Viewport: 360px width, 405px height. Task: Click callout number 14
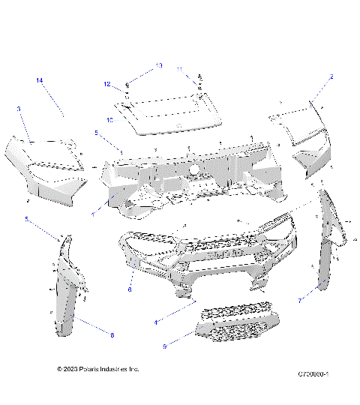tap(40, 79)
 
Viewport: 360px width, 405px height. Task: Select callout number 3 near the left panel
tap(18, 109)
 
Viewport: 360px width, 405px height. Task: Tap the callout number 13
tap(158, 66)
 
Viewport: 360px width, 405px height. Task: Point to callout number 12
tap(107, 84)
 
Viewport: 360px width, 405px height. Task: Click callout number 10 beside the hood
tap(109, 118)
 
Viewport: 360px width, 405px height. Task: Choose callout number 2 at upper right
tap(331, 77)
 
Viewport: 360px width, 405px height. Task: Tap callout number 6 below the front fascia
tap(130, 288)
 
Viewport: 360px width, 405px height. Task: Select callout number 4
tap(155, 322)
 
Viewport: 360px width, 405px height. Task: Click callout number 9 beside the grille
tap(164, 346)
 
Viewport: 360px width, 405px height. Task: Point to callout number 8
tap(112, 335)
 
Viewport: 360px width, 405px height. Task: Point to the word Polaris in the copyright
tap(98, 370)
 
